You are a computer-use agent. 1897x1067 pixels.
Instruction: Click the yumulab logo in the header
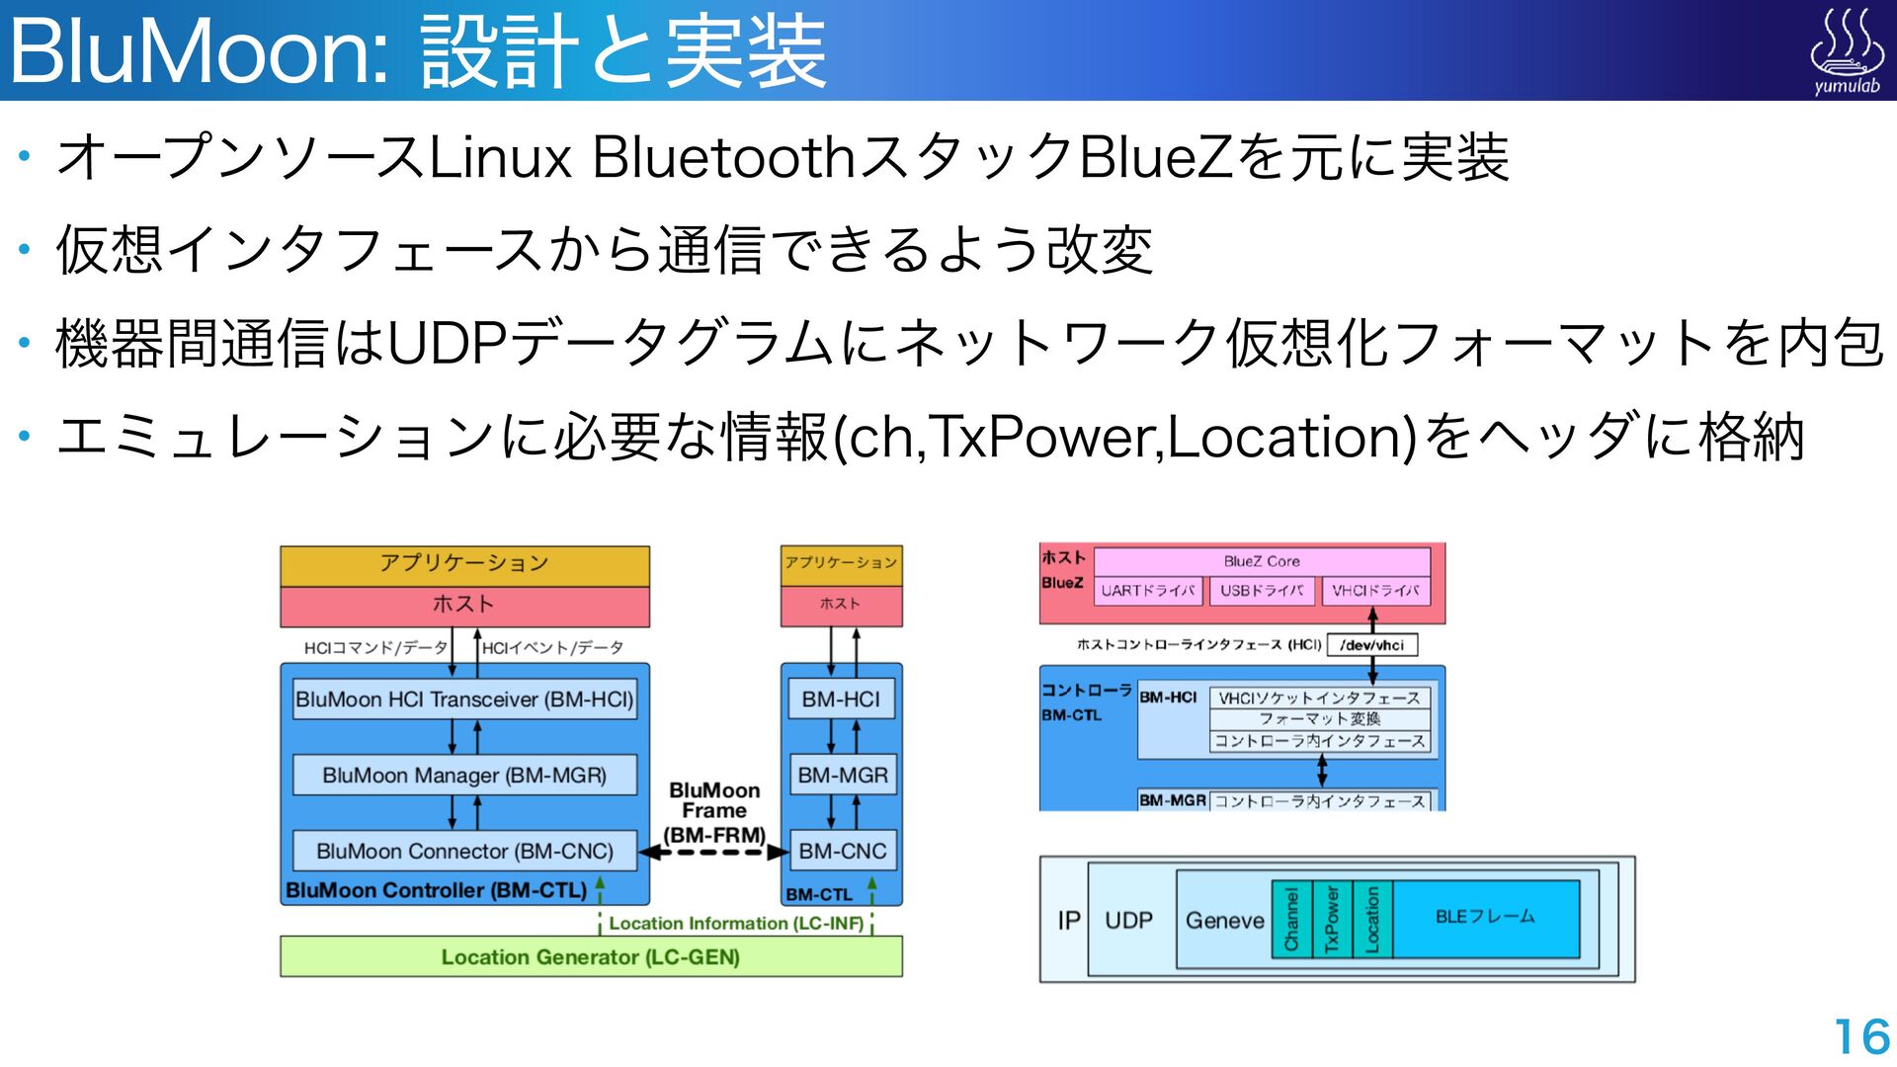point(1846,51)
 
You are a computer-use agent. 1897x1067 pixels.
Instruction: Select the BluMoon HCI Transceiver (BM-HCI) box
point(464,699)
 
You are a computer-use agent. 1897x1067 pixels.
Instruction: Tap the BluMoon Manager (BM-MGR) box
point(464,776)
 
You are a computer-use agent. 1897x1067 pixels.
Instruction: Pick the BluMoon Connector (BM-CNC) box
point(464,851)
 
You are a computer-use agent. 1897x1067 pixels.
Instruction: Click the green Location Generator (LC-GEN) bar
point(591,956)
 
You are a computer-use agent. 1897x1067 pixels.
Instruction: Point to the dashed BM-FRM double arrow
point(713,852)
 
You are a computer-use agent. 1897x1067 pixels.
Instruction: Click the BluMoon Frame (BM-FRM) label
point(714,812)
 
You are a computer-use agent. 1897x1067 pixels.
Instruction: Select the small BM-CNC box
point(842,851)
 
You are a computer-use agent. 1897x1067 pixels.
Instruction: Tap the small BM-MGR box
point(842,776)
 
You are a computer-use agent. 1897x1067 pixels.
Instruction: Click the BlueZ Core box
point(1262,561)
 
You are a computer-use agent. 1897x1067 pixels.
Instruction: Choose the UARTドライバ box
point(1148,591)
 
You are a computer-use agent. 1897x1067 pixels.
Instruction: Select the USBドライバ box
point(1262,591)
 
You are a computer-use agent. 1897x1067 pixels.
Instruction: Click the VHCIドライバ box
point(1374,591)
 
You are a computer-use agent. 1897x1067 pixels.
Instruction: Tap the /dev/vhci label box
point(1372,645)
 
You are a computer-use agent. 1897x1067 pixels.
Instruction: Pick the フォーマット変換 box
point(1320,719)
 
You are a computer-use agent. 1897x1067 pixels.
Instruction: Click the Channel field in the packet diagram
point(1291,920)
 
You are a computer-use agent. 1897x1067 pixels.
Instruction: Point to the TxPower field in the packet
point(1332,920)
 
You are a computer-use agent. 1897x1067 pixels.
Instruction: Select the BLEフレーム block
point(1485,918)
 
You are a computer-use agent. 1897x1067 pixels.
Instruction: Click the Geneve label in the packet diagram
point(1224,921)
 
